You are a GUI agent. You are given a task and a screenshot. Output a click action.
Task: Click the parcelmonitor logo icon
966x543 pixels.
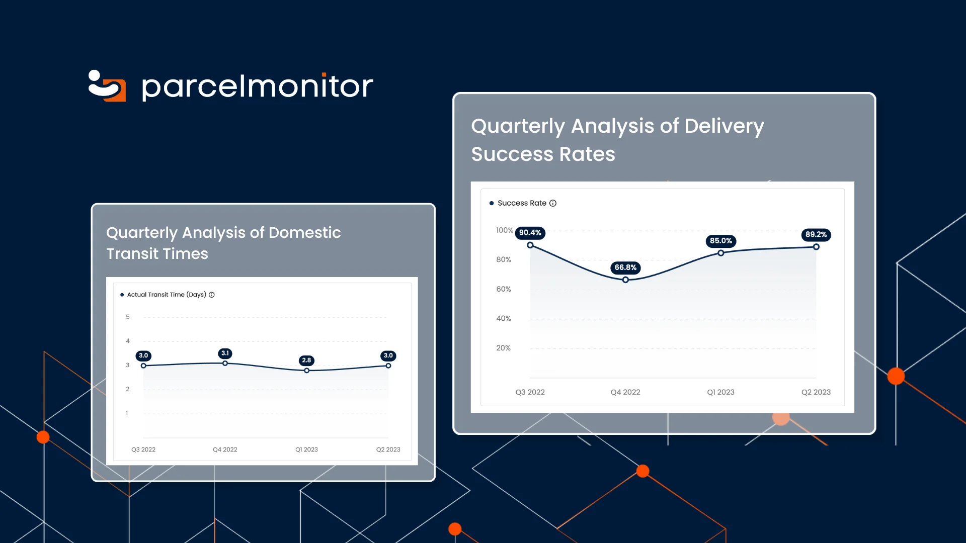click(x=107, y=86)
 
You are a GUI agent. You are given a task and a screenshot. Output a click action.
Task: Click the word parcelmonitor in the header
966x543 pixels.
click(x=257, y=86)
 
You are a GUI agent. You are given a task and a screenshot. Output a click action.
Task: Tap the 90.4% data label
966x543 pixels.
click(x=530, y=233)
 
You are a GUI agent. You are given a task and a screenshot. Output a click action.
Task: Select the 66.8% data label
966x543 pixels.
click(x=625, y=267)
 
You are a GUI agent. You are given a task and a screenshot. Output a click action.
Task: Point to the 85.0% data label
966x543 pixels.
click(x=720, y=241)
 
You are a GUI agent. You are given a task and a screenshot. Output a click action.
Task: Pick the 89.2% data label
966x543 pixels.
click(x=816, y=235)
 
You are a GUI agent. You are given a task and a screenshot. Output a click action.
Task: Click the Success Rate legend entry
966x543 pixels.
click(x=521, y=203)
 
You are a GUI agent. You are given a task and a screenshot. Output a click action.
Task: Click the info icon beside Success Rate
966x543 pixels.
click(x=552, y=203)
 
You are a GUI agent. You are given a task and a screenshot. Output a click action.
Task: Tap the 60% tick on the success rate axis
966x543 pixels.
click(x=503, y=289)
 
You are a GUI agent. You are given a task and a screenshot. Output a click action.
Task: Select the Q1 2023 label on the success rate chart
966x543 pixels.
click(x=720, y=392)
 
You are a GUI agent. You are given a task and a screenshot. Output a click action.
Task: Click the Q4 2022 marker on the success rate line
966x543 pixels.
click(x=625, y=280)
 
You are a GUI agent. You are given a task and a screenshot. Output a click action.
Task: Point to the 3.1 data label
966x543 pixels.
click(x=225, y=353)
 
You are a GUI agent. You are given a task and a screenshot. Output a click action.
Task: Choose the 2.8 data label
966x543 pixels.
click(x=306, y=360)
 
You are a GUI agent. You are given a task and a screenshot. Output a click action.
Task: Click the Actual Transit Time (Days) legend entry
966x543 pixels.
click(x=166, y=295)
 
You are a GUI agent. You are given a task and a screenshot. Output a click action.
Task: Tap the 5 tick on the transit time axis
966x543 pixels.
click(x=128, y=317)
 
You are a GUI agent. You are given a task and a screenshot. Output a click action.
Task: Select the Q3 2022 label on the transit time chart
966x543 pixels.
click(x=143, y=449)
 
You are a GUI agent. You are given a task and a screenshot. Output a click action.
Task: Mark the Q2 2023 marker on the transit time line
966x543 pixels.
click(x=388, y=366)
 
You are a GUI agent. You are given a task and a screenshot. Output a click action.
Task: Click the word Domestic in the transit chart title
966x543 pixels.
click(x=304, y=233)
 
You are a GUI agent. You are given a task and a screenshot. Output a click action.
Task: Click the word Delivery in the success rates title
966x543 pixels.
click(x=724, y=126)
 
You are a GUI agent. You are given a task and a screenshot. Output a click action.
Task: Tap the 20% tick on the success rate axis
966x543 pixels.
click(x=503, y=348)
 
